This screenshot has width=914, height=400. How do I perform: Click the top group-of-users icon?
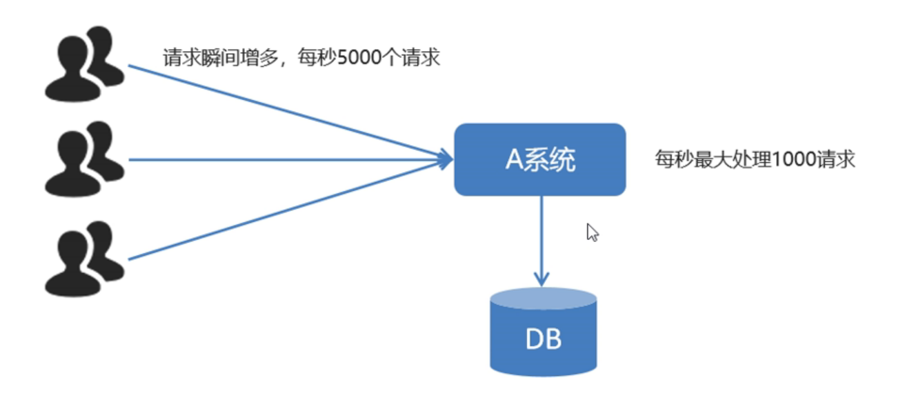[83, 64]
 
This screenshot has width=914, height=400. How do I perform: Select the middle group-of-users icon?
[83, 159]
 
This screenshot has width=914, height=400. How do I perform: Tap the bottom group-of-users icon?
[83, 259]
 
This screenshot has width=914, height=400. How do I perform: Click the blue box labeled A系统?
[539, 159]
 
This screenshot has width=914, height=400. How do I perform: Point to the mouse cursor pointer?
[592, 232]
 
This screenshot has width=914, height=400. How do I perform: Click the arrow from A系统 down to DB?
[542, 234]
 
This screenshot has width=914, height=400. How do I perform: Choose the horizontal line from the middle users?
[276, 160]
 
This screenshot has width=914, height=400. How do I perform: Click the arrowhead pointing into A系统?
[445, 160]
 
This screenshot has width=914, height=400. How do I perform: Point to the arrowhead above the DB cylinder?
[542, 279]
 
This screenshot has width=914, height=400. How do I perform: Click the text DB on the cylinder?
[543, 339]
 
